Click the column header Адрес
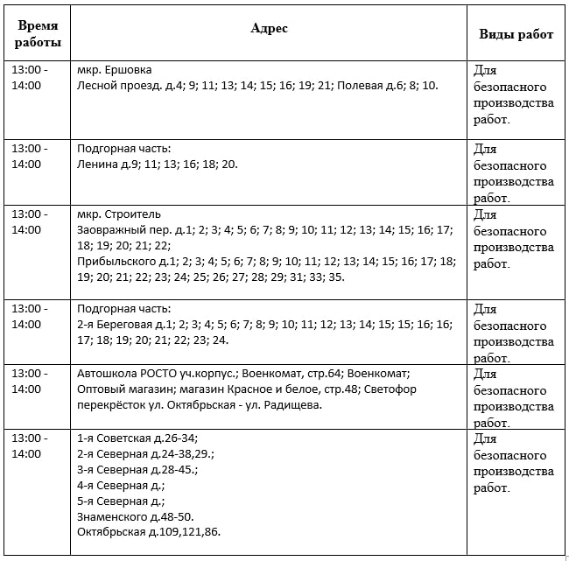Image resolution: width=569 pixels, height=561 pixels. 269,28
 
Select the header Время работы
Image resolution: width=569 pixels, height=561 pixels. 39,34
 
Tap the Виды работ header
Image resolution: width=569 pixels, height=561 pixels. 516,34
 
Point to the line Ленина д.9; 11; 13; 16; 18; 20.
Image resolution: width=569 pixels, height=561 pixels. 158,164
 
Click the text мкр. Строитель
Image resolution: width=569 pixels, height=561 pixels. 119,214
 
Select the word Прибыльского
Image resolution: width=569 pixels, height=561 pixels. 116,262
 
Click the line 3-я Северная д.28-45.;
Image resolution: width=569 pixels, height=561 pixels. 137,470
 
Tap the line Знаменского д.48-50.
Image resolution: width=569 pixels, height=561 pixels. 136,517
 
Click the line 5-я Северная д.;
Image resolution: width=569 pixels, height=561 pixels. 121,501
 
